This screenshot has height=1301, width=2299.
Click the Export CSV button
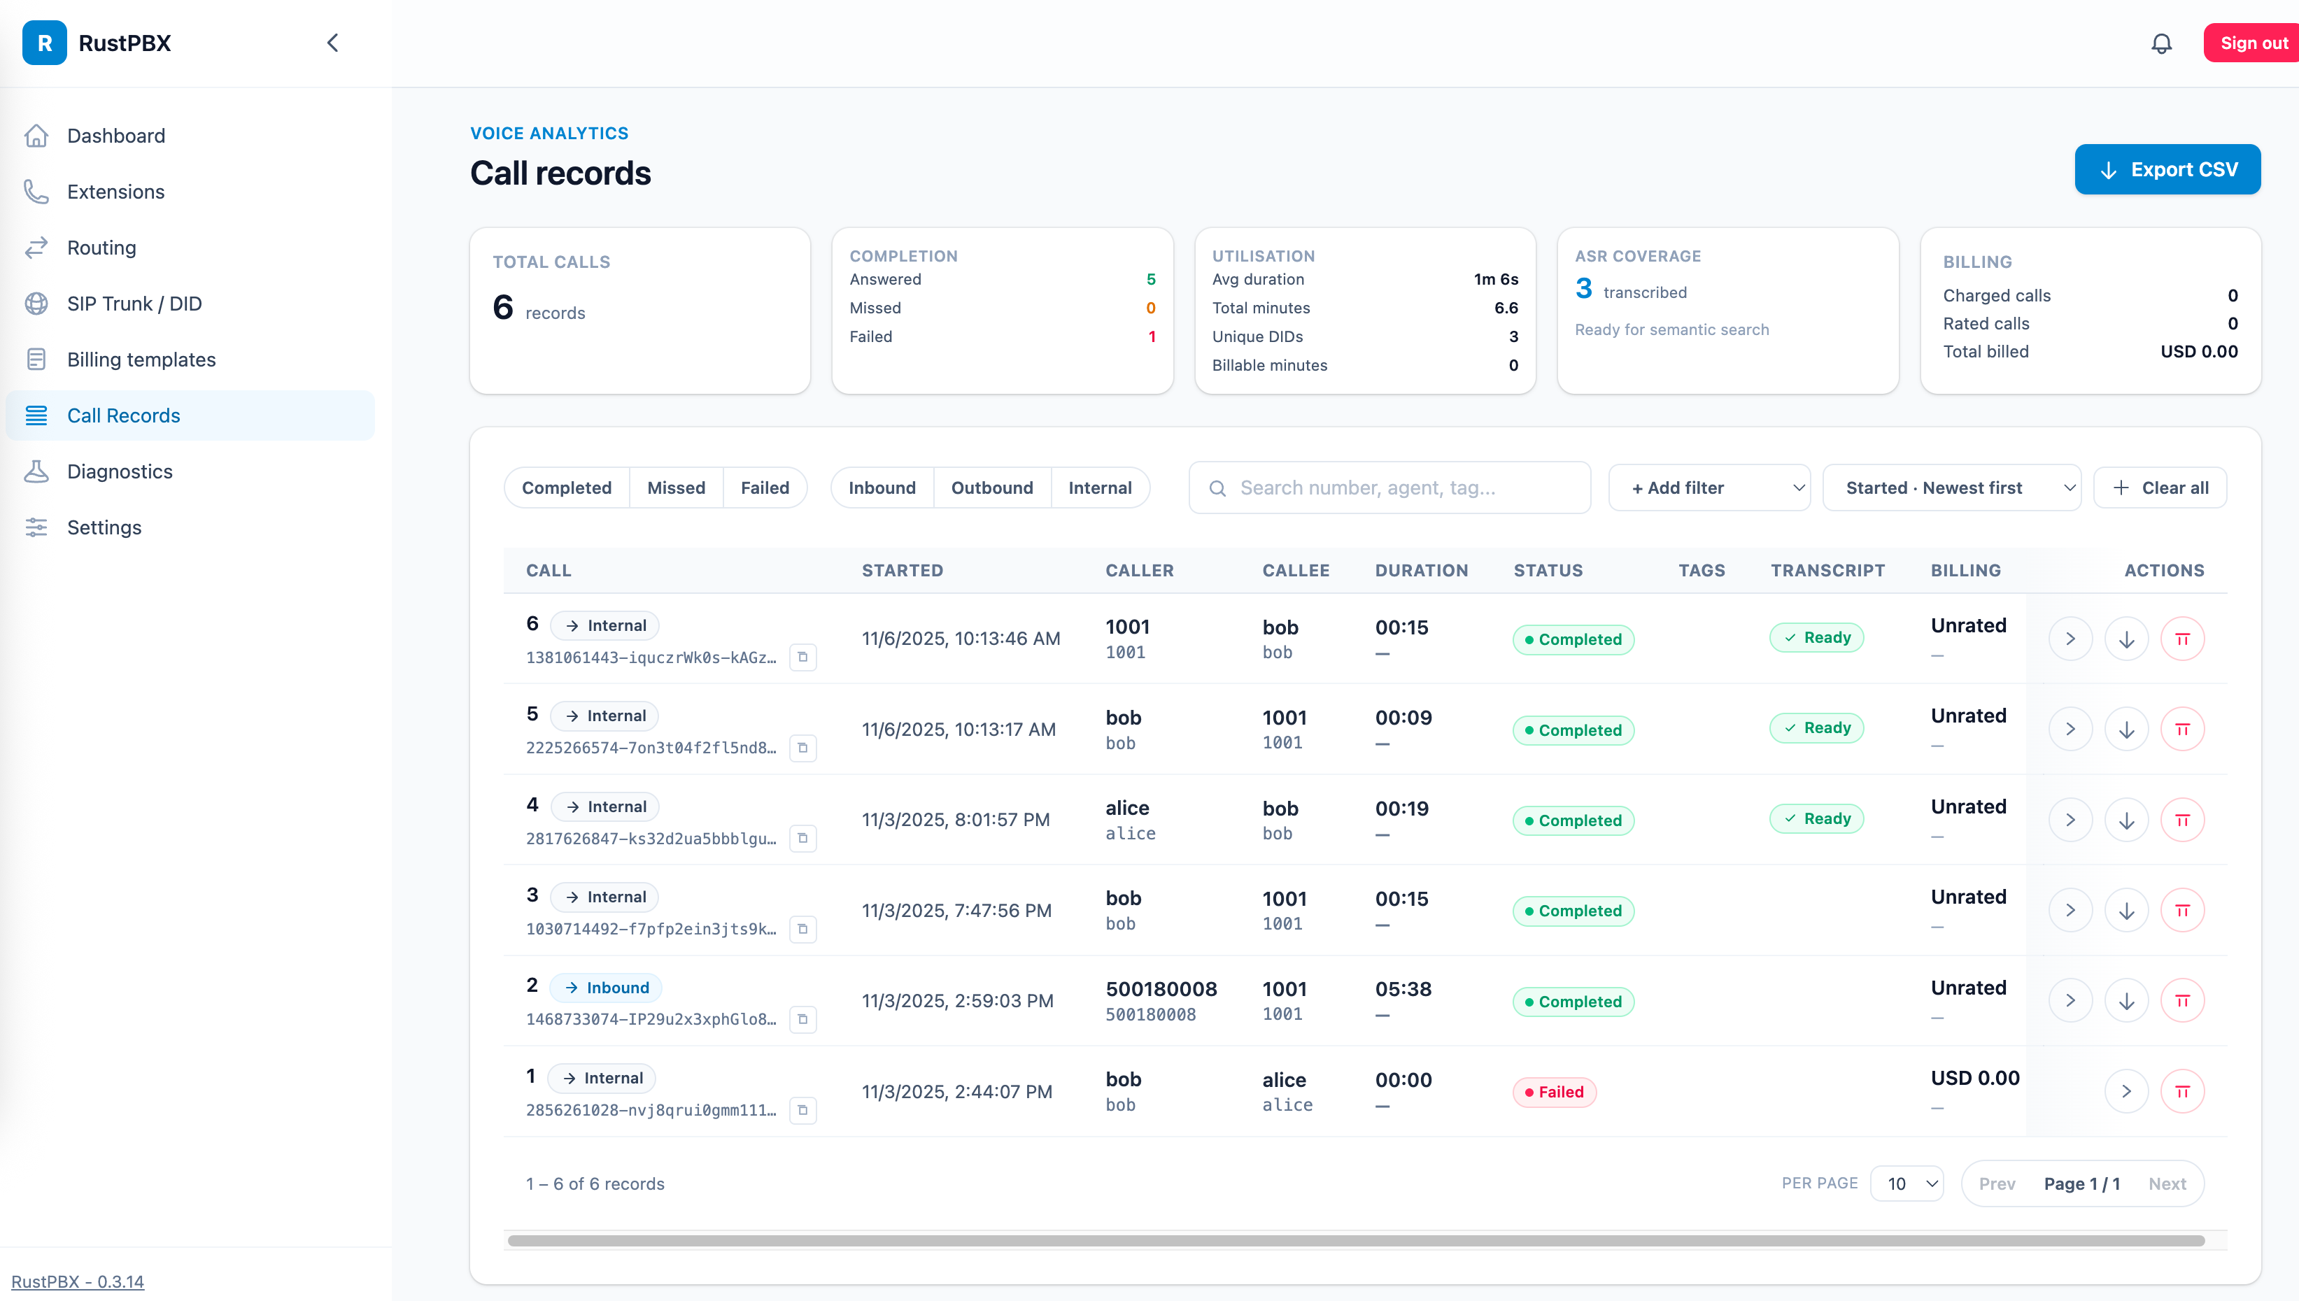coord(2167,170)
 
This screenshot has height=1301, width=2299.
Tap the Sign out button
coord(2251,43)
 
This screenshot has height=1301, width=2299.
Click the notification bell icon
coord(2160,43)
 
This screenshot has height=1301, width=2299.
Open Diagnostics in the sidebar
coord(120,472)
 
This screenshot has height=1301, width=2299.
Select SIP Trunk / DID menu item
coord(134,304)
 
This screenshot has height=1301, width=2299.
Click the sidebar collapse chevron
coord(332,43)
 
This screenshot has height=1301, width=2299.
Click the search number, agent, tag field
coord(1389,488)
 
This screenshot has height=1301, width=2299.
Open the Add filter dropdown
coord(1709,488)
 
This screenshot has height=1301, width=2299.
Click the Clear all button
coord(2160,488)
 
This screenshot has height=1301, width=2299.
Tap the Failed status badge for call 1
coord(1554,1092)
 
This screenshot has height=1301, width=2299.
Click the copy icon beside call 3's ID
coord(802,930)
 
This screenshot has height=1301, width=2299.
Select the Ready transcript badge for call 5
coord(1816,728)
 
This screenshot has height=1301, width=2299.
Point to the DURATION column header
coord(1421,571)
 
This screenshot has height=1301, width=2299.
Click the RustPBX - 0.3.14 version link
coord(78,1281)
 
